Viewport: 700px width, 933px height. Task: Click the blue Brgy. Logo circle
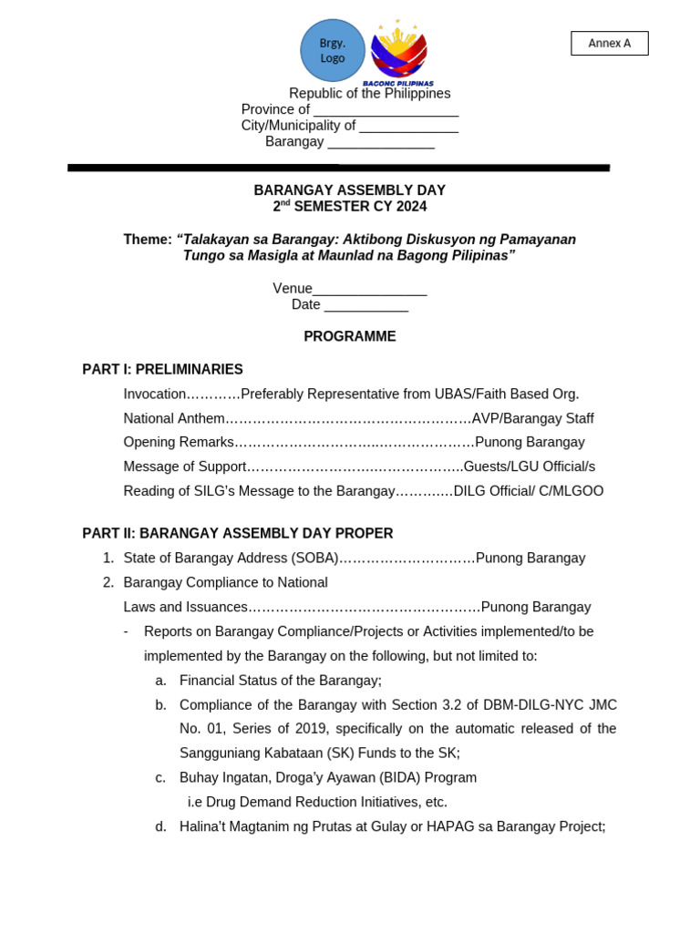[333, 50]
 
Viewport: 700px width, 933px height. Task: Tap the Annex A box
[609, 44]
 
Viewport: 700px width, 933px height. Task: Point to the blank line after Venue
[369, 290]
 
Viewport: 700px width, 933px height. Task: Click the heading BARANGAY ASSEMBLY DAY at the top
[349, 190]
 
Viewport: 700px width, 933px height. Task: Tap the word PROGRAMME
[349, 336]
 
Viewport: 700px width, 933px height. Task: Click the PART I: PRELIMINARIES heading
[162, 369]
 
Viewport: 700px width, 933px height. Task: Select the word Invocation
[155, 394]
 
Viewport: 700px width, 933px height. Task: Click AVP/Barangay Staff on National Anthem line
[532, 418]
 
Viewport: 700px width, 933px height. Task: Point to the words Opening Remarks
[179, 442]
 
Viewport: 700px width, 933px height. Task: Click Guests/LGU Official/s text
[529, 466]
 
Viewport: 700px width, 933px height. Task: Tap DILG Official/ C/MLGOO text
[529, 491]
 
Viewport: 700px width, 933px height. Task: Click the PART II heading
[237, 533]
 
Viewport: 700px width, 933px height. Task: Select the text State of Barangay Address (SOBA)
[231, 558]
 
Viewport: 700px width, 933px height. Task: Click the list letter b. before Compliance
[161, 704]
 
